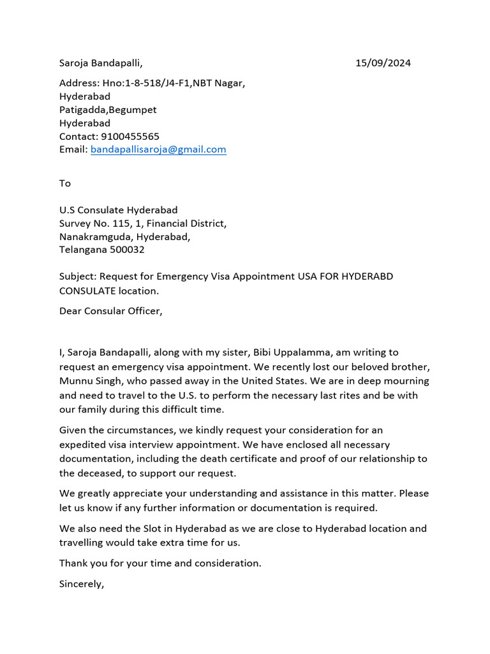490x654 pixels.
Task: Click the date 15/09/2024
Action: pyautogui.click(x=383, y=63)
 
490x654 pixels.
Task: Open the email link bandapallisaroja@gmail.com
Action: pyautogui.click(x=158, y=149)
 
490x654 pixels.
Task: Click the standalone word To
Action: pyautogui.click(x=65, y=183)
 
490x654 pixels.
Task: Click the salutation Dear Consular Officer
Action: pyautogui.click(x=111, y=312)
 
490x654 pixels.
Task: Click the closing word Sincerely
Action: pyautogui.click(x=80, y=584)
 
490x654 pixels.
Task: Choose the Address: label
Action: pyautogui.click(x=80, y=83)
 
